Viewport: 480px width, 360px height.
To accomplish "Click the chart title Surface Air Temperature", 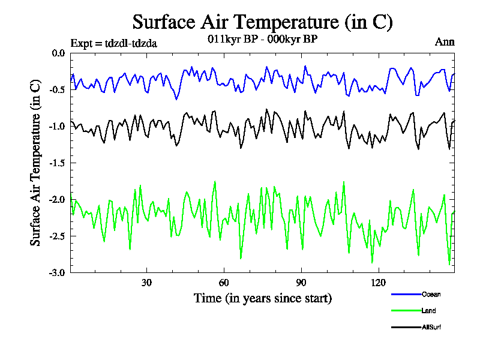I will pos(262,22).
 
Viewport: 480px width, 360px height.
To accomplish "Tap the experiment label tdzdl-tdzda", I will pos(113,43).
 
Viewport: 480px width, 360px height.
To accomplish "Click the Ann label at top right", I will pos(445,42).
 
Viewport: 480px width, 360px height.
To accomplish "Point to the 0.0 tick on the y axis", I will pos(58,53).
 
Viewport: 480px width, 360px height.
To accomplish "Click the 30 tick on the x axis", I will pos(146,283).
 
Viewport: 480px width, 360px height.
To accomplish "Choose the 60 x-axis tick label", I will pos(224,283).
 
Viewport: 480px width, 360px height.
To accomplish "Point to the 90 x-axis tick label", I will pos(301,283).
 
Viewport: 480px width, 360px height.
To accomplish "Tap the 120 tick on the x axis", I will pos(379,283).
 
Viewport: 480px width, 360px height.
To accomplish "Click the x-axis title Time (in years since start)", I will pos(262,298).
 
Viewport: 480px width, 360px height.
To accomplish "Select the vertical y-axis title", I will pos(36,163).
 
